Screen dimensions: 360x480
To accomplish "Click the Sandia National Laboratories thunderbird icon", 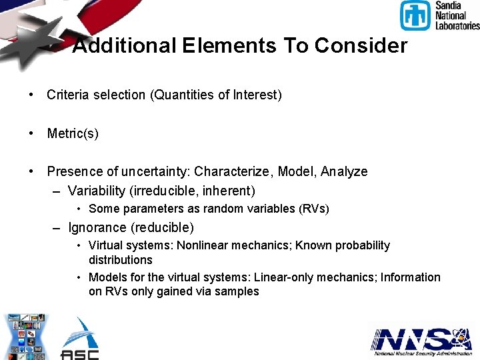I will tap(415, 15).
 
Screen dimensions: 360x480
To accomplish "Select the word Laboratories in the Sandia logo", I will tap(457, 25).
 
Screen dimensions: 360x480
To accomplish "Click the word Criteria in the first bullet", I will tap(67, 95).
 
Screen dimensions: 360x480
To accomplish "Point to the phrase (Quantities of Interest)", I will tap(217, 95).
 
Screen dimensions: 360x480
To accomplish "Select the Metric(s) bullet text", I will tap(73, 133).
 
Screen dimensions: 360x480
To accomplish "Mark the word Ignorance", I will tap(97, 227).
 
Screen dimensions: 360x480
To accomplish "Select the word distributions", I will tap(121, 260).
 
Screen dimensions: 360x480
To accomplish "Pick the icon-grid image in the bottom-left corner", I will tap(27, 337).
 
